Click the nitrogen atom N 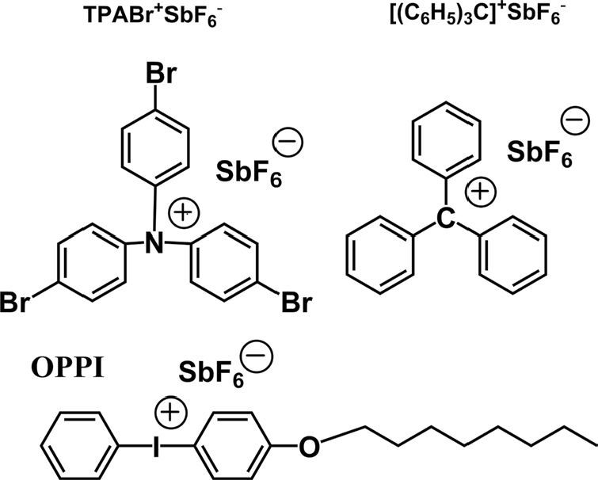click(155, 246)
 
